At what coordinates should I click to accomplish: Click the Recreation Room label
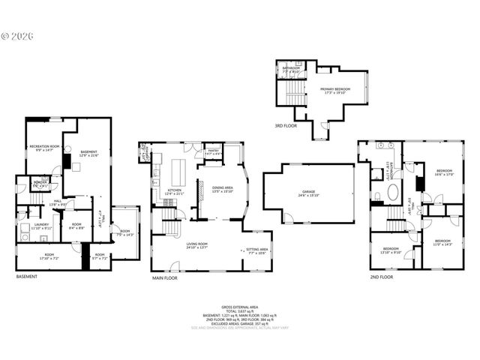tap(39, 148)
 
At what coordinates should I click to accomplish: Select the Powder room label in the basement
tap(40, 184)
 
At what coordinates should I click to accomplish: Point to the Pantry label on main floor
tap(213, 153)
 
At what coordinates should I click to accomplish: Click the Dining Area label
tap(223, 189)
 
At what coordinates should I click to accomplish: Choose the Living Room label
tap(196, 245)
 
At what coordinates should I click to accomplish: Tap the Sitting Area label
tap(258, 251)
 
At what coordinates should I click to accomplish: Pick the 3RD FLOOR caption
tap(285, 126)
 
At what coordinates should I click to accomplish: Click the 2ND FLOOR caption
tap(381, 277)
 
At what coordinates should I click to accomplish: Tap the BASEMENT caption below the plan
tap(27, 277)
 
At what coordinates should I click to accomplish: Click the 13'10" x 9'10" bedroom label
tap(391, 250)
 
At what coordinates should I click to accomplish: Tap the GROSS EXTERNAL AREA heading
tap(240, 307)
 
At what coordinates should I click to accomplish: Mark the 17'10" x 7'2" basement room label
tap(49, 256)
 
